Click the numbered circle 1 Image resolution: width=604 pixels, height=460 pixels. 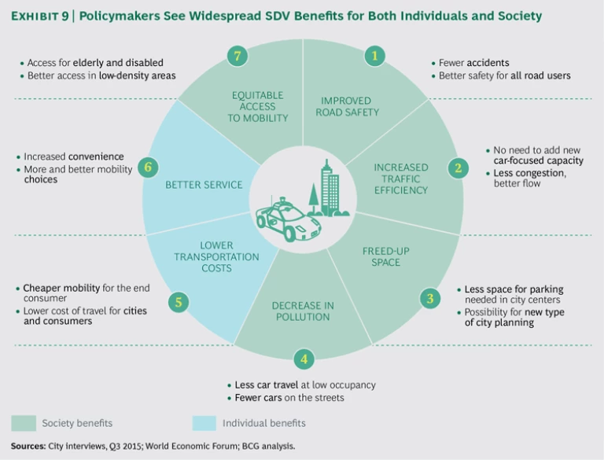pos(375,55)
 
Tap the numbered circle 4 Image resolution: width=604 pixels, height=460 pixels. pos(304,359)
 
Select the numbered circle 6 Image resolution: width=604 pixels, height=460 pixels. pos(146,166)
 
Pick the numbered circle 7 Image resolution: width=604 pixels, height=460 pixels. pos(236,55)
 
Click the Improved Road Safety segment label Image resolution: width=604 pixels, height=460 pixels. pos(347,106)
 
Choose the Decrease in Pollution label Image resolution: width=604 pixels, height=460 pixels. pos(303,311)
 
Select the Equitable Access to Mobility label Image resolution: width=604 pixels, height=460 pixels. pos(258,106)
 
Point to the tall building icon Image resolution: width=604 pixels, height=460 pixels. pos(330,186)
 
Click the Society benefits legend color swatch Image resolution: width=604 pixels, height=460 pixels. pos(23,423)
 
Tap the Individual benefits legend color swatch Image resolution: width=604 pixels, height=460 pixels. pos(204,423)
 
